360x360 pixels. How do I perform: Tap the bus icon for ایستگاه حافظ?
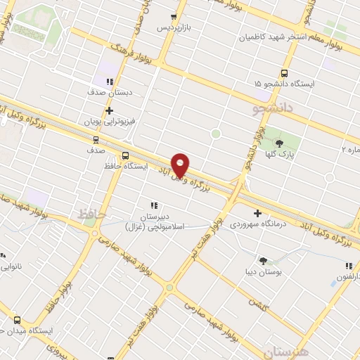(125, 155)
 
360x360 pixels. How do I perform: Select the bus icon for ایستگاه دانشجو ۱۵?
(285, 72)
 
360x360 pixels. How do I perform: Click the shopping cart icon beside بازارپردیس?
(174, 17)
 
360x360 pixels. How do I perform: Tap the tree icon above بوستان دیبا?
(263, 260)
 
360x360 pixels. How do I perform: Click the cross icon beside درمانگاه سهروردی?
(257, 213)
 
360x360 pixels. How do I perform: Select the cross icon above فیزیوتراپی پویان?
(109, 110)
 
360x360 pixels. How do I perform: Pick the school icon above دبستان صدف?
(109, 82)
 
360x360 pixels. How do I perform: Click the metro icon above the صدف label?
(96, 139)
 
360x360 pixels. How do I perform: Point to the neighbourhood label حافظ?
(92, 212)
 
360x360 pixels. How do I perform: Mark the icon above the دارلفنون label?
(348, 266)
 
